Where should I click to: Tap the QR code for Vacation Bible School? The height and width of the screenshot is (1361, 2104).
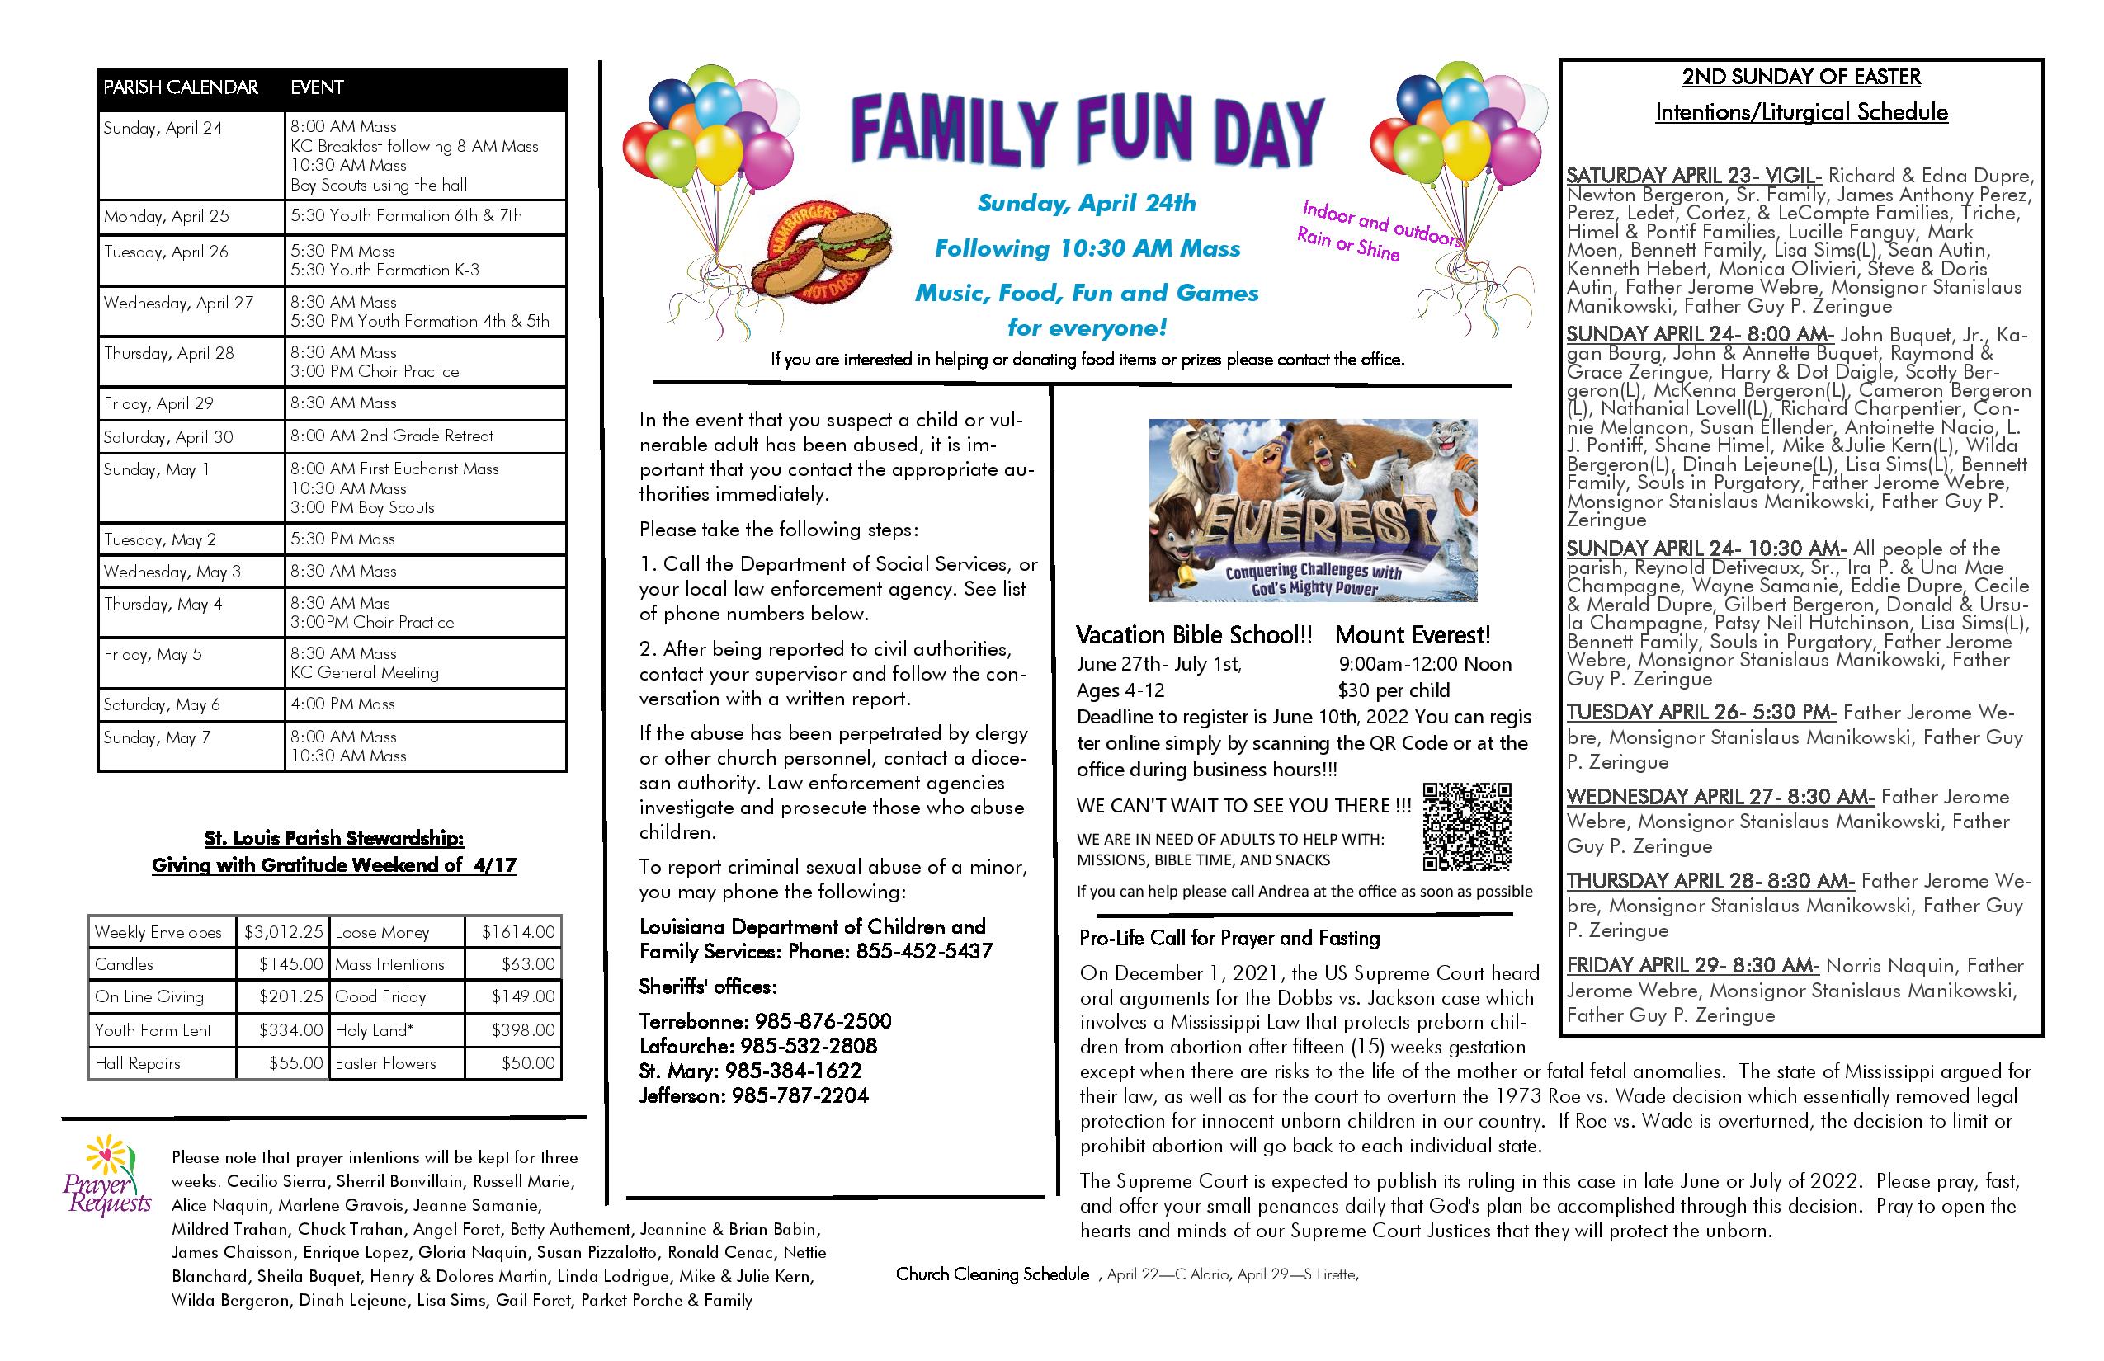[x=1467, y=826]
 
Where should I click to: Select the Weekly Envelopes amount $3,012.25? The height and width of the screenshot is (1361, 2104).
[x=284, y=931]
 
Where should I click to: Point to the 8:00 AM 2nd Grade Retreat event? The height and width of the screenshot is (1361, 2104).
[x=392, y=436]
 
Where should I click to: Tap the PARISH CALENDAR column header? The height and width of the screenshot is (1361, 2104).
[x=182, y=87]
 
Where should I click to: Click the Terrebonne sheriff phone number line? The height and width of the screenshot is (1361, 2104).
[x=766, y=1022]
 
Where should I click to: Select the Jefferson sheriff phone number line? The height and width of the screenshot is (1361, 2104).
[x=754, y=1096]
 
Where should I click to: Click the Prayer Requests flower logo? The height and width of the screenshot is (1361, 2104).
[x=107, y=1175]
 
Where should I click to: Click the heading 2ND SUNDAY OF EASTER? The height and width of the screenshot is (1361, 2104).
[x=1800, y=78]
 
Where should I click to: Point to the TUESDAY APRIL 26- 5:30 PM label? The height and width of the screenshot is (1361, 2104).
[x=1701, y=713]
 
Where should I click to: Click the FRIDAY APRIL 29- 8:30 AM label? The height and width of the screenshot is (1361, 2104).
[x=1692, y=966]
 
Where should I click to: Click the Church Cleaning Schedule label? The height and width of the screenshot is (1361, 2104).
[x=992, y=1274]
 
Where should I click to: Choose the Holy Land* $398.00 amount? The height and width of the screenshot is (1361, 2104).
[x=523, y=1030]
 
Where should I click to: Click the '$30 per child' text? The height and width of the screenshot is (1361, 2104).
[x=1394, y=690]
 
